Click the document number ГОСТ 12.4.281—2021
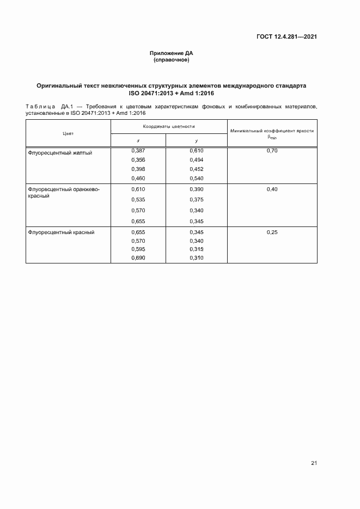[286, 36]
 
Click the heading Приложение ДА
[172, 53]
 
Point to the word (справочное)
[172, 60]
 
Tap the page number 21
[314, 463]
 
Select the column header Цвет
[68, 133]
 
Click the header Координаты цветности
[169, 126]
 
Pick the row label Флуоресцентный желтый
[60, 153]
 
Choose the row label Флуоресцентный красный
[61, 232]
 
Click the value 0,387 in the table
[139, 150]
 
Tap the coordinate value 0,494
[196, 160]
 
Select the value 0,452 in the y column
[196, 169]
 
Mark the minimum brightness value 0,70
[272, 150]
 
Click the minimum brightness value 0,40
[272, 189]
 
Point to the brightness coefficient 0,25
[272, 232]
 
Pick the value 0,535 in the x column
[139, 200]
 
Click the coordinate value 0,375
[196, 200]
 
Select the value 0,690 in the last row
[139, 258]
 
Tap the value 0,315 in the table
[196, 249]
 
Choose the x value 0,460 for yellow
[139, 178]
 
